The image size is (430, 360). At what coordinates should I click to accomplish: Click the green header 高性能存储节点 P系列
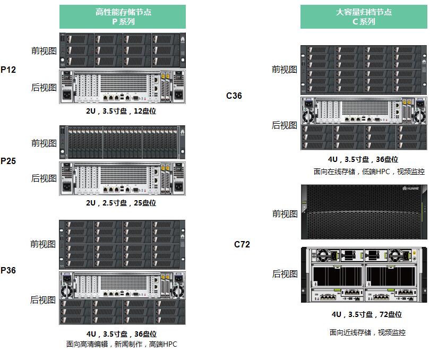click(123, 16)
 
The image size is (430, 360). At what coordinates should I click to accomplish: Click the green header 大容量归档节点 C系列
click(364, 16)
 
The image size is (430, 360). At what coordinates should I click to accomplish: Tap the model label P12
click(8, 70)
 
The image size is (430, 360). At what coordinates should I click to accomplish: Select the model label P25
click(8, 161)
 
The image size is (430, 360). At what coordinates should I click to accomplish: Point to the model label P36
click(8, 270)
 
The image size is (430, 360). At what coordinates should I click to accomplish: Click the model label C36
click(234, 96)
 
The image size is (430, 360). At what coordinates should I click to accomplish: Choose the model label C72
click(242, 244)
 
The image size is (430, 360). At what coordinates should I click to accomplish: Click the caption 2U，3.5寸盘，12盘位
click(121, 112)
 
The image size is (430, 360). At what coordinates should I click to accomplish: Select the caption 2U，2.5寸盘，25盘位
click(121, 203)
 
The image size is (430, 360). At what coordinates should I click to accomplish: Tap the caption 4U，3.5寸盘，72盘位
click(366, 314)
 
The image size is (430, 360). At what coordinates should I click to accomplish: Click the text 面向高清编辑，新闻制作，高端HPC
click(122, 344)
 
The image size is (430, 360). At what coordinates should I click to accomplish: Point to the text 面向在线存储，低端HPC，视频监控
click(368, 172)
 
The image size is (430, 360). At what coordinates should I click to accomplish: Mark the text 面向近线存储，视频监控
click(367, 332)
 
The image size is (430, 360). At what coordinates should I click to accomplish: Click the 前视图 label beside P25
click(44, 143)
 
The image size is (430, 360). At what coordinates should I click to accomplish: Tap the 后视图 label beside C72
click(285, 273)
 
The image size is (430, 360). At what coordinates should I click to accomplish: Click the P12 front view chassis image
click(122, 50)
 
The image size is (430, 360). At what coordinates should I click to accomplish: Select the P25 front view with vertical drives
click(122, 142)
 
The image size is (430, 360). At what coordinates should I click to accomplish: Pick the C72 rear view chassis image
click(364, 275)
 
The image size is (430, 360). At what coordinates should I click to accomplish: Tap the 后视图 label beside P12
click(44, 88)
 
